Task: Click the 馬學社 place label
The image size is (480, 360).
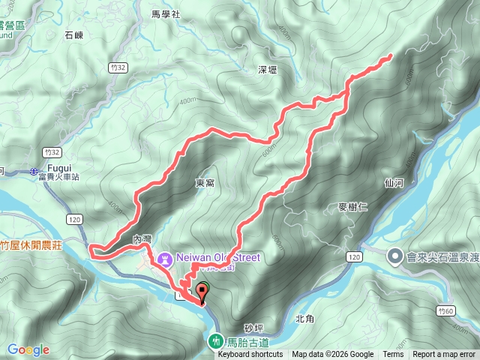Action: (166, 13)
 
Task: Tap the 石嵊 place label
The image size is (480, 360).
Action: (73, 34)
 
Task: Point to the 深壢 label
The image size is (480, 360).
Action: (268, 70)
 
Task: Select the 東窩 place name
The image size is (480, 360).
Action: (205, 182)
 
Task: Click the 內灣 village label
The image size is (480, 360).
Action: (142, 238)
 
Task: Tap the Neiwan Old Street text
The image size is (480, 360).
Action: (218, 257)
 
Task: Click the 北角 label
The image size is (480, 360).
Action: (304, 318)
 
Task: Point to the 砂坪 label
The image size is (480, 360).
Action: (253, 328)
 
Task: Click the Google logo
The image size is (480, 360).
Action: (28, 349)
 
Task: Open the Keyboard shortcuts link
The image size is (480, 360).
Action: (254, 355)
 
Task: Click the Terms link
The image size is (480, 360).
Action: (392, 355)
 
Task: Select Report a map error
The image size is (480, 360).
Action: (445, 355)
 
